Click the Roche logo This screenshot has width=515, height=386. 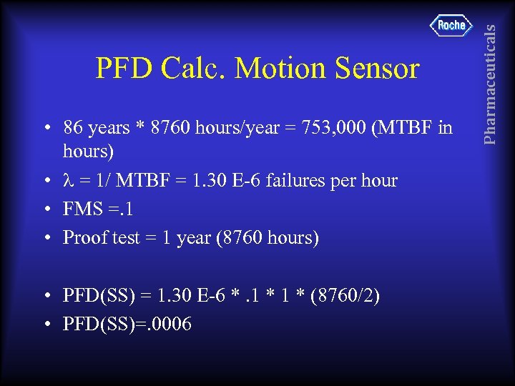[x=451, y=26]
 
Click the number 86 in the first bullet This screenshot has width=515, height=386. [x=72, y=128]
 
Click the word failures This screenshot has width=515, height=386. [x=298, y=182]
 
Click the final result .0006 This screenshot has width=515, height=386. [x=169, y=324]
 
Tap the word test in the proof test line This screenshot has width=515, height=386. [x=125, y=237]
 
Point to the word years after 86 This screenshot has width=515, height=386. [x=106, y=129]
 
